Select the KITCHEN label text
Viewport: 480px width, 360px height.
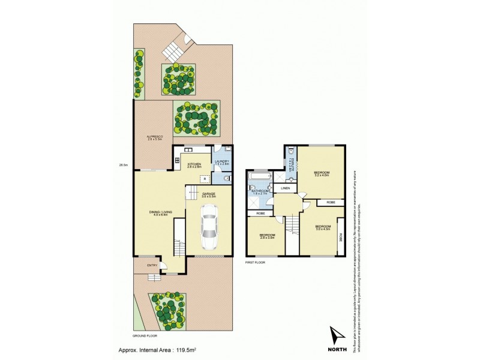click(194, 164)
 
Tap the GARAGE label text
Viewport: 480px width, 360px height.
click(208, 194)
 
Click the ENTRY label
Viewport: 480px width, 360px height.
click(152, 266)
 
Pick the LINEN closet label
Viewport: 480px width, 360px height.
click(286, 188)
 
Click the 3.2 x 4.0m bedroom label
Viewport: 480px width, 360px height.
click(322, 174)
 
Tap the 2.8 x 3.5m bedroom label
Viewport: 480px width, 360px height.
click(267, 236)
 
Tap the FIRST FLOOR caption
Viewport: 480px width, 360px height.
click(256, 262)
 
